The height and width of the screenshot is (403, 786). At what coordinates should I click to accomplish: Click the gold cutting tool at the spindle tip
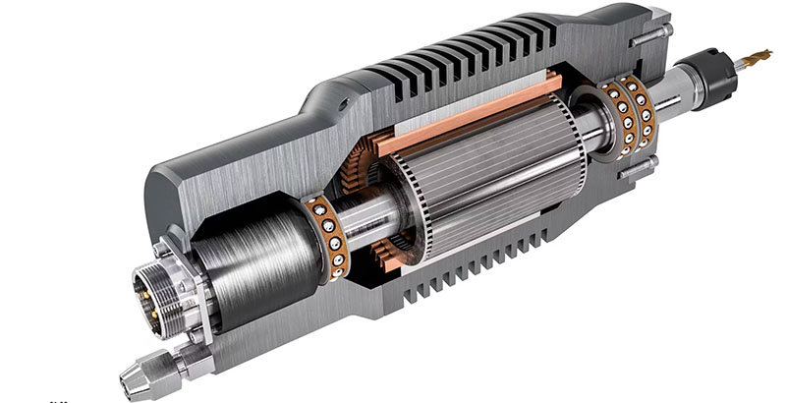pyautogui.click(x=758, y=60)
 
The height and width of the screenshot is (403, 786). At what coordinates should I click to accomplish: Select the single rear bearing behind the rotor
pyautogui.click(x=325, y=236)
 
